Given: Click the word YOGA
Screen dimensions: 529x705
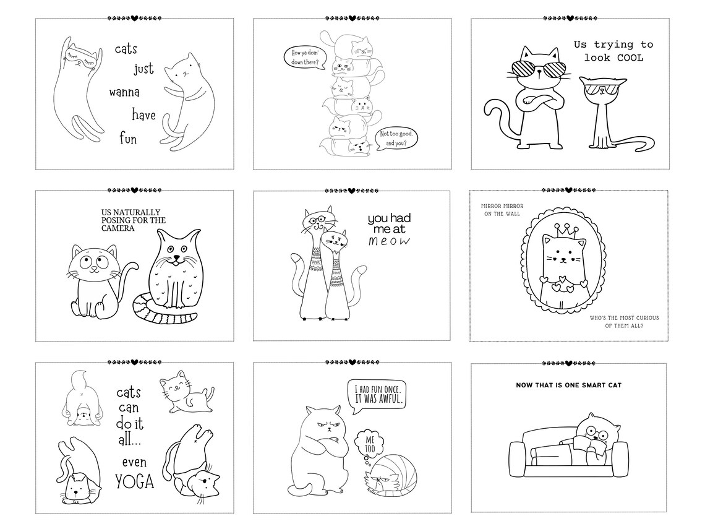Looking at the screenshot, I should click(x=135, y=481).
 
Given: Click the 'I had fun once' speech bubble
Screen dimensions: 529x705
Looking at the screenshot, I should click(x=378, y=395).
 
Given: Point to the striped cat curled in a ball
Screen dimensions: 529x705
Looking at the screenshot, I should click(x=391, y=476).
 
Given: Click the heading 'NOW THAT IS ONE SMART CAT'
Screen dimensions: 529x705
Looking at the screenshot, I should click(x=568, y=385).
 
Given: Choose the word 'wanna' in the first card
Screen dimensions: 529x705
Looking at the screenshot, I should click(x=124, y=93).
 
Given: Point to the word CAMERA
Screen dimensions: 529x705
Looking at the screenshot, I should click(x=118, y=228).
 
